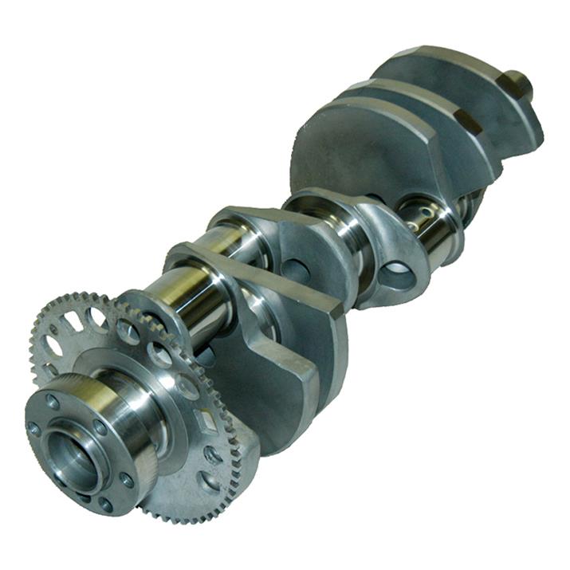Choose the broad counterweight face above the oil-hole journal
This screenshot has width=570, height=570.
click(359, 151)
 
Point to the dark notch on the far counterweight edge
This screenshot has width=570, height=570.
click(468, 120)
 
